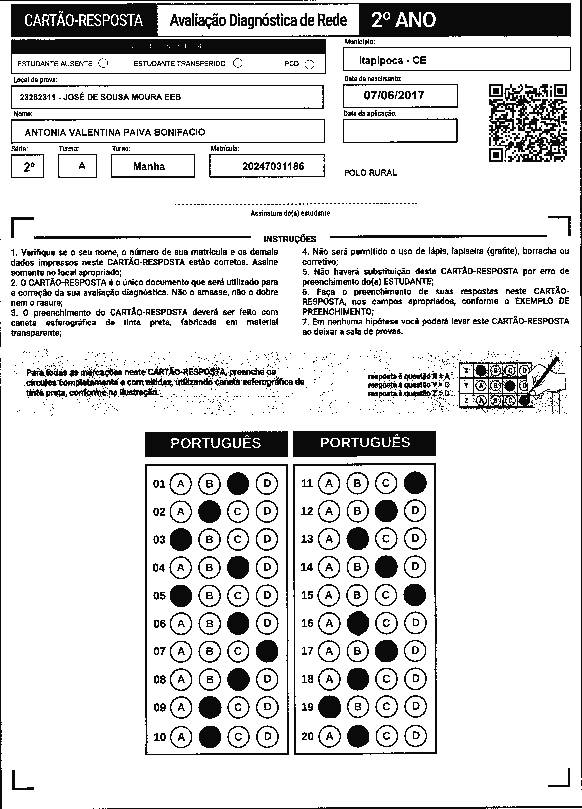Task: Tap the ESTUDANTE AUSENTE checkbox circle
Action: tap(103, 63)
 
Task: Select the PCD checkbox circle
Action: tap(309, 64)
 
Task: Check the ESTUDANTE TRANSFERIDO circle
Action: tap(238, 63)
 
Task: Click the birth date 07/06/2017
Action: tap(394, 95)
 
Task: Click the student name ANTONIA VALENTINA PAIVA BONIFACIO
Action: tap(115, 132)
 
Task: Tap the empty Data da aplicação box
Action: tap(400, 131)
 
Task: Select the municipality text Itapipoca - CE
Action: tap(392, 60)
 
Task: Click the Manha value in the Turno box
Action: tap(149, 166)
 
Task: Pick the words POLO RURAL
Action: tap(370, 173)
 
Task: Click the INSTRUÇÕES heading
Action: tap(290, 239)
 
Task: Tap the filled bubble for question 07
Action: tap(267, 651)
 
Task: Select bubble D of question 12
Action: tap(415, 511)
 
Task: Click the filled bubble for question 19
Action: tap(329, 707)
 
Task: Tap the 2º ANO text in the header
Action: tap(403, 20)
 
